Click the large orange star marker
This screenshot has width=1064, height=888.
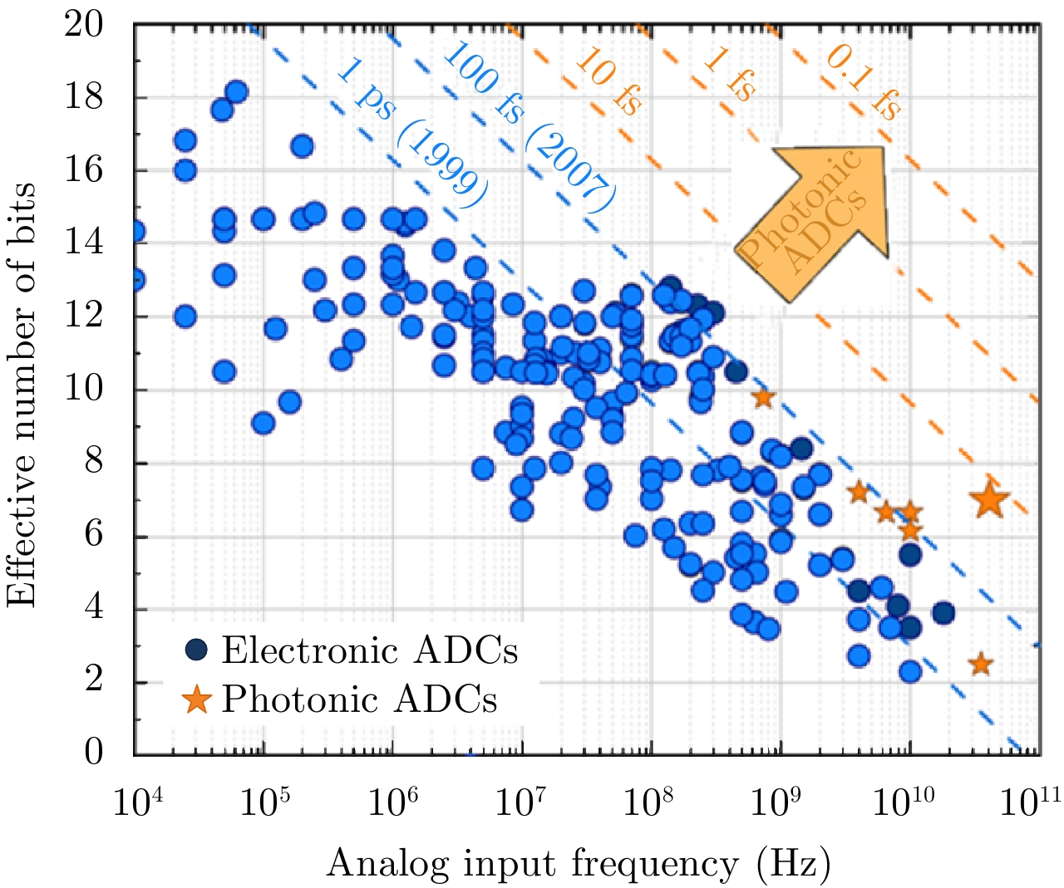pos(989,500)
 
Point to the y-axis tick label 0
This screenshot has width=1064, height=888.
pos(94,752)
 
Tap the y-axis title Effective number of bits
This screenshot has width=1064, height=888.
pos(22,395)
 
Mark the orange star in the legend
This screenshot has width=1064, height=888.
pos(197,699)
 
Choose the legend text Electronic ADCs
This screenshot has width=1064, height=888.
pos(370,650)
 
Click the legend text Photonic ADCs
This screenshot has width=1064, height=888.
pos(359,699)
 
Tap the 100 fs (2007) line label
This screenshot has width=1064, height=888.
pos(527,125)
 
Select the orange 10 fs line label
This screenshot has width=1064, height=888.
pos(608,81)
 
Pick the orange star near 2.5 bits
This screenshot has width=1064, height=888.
pos(981,664)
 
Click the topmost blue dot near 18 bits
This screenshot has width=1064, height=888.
pos(236,92)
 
